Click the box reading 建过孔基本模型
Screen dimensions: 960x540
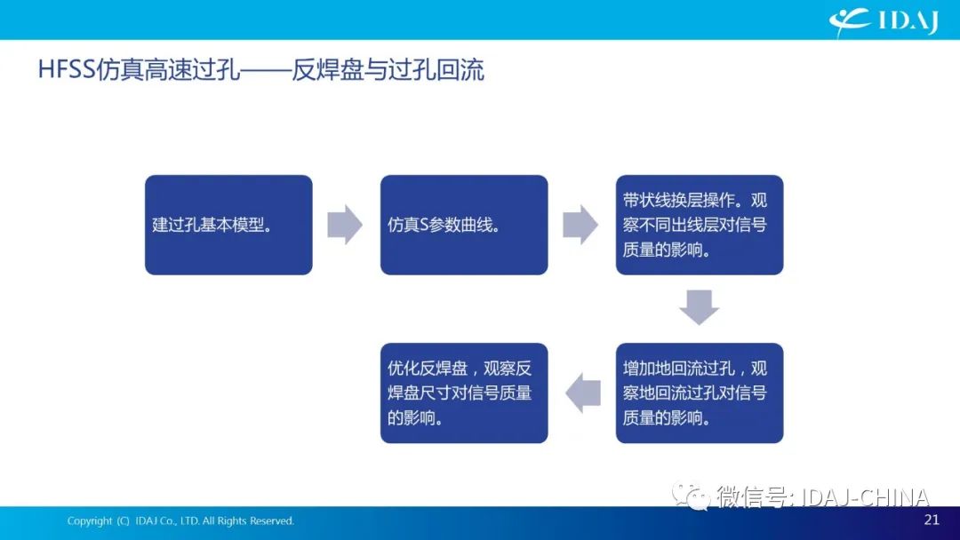(228, 225)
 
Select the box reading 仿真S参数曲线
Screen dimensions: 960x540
(464, 225)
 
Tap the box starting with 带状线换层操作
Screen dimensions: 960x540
(700, 225)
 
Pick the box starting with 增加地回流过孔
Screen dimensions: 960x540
(700, 393)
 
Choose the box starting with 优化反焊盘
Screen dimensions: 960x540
(464, 393)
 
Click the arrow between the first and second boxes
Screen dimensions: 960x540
(345, 225)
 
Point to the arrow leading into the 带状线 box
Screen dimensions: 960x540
(580, 225)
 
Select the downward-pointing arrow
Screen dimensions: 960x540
(700, 307)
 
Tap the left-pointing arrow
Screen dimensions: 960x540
(583, 393)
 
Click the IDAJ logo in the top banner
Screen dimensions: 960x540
(884, 21)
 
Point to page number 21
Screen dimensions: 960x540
(932, 520)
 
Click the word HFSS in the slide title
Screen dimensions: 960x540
(67, 69)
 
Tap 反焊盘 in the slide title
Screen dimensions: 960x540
(326, 69)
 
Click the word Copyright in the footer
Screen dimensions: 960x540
(90, 521)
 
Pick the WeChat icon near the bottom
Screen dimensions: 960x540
(692, 496)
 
